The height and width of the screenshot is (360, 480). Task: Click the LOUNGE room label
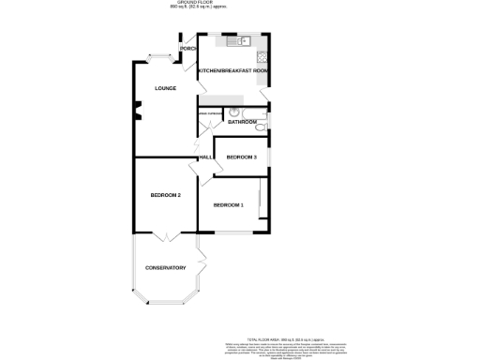click(x=153, y=88)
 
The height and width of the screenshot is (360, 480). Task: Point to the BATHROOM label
click(x=242, y=122)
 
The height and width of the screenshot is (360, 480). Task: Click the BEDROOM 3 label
click(x=242, y=157)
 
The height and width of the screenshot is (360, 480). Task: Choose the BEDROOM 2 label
click(x=165, y=194)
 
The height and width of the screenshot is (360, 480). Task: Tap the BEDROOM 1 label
click(x=228, y=204)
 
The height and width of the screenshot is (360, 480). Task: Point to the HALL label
click(x=203, y=157)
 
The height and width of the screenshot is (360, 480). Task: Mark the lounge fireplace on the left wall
click(x=136, y=115)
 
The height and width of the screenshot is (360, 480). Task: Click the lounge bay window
click(x=157, y=59)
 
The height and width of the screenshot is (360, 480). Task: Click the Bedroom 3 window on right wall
click(x=272, y=157)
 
